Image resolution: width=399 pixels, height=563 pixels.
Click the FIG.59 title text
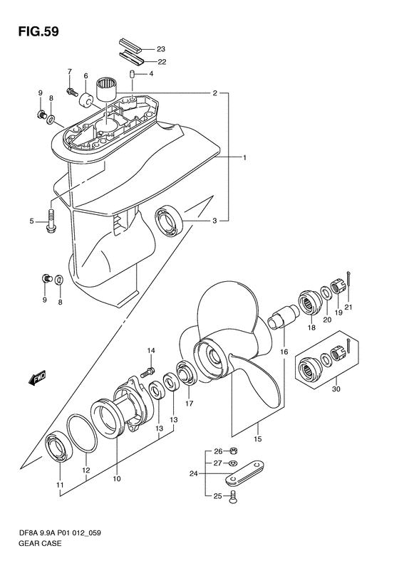(38, 31)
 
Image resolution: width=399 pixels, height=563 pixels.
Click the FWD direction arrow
(37, 379)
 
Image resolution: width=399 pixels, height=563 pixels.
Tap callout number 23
(161, 49)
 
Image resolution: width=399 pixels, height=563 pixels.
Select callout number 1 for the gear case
(244, 157)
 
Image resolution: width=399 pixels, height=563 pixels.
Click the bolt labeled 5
(51, 220)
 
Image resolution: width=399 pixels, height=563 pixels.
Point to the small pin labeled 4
(132, 74)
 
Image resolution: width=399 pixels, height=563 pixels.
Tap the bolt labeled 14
(147, 372)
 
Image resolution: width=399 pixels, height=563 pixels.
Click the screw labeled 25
(233, 497)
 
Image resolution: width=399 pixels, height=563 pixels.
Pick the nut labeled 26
(232, 451)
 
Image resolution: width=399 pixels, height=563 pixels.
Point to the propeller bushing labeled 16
(284, 316)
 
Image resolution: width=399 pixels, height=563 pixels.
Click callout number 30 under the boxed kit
(336, 389)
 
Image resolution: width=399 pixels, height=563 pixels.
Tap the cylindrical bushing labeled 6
(86, 98)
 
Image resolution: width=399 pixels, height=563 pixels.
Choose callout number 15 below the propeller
(257, 438)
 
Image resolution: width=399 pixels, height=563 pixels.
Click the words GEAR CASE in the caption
(40, 543)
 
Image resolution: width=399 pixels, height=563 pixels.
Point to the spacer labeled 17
(185, 374)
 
